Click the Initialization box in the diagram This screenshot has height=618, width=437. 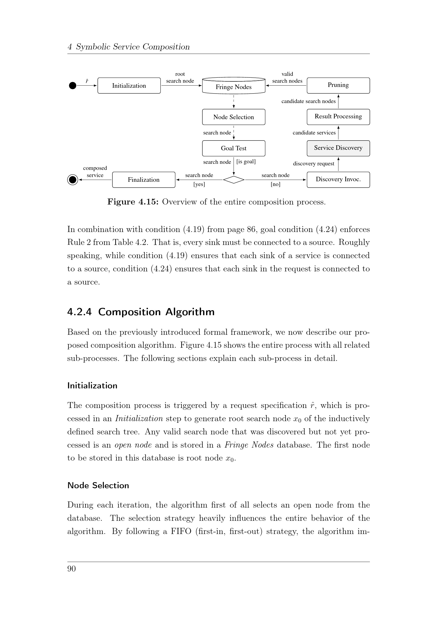point(129,86)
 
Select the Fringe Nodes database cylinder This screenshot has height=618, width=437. point(234,86)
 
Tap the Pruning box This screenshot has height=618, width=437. point(338,85)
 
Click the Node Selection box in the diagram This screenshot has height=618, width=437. point(234,117)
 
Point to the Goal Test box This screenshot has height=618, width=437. point(234,148)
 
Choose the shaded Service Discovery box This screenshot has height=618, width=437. point(338,148)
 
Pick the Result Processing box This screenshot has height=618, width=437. point(338,117)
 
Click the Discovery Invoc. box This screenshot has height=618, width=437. point(338,179)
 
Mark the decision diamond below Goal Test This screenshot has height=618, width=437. point(234,179)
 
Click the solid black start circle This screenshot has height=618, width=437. point(73,86)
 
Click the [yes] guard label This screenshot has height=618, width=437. point(199,184)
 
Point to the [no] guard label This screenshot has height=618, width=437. point(275,184)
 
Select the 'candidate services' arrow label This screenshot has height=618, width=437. point(314,133)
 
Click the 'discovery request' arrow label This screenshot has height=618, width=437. point(314,164)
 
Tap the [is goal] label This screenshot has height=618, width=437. point(246,161)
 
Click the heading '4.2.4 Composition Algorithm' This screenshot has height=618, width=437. point(141,312)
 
